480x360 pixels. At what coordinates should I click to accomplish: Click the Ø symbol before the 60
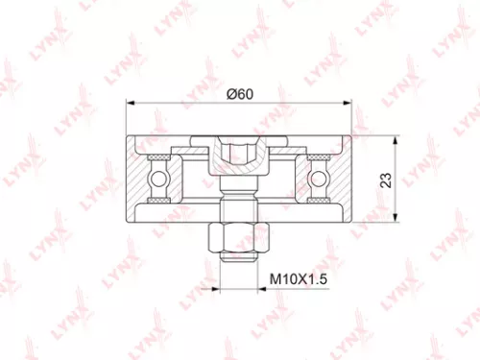(x=229, y=93)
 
